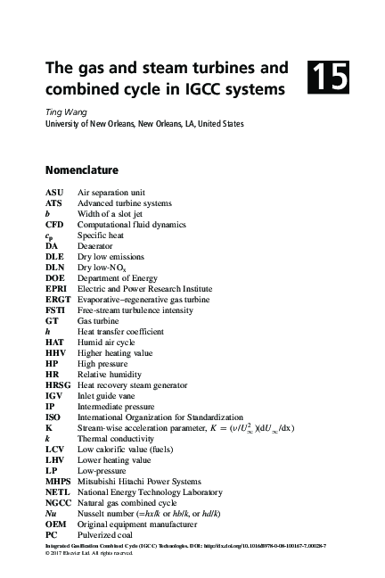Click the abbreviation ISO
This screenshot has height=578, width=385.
[x=53, y=417]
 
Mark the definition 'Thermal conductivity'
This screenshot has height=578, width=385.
[x=119, y=438]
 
